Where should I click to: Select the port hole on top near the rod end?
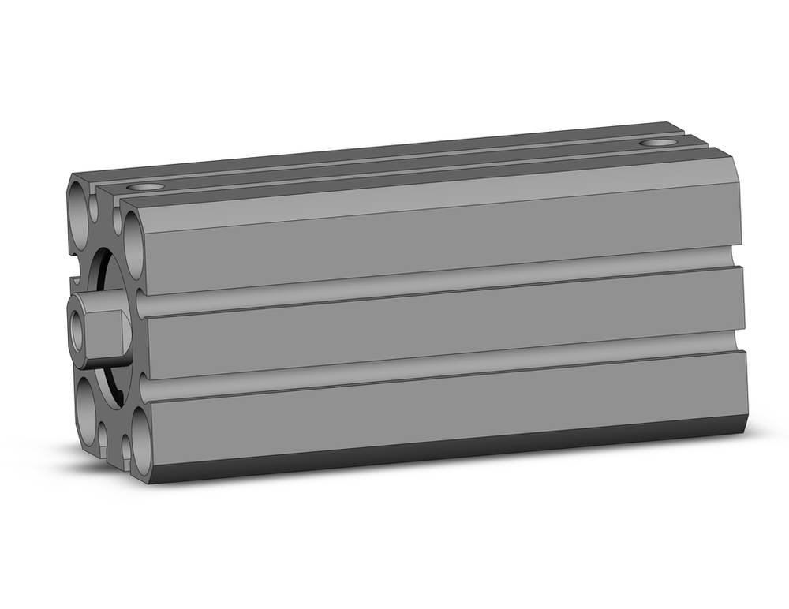145,188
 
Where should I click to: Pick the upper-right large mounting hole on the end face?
135,245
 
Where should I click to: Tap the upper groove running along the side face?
442,285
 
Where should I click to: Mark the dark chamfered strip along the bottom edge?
442,456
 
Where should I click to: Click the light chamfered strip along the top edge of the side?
442,198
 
